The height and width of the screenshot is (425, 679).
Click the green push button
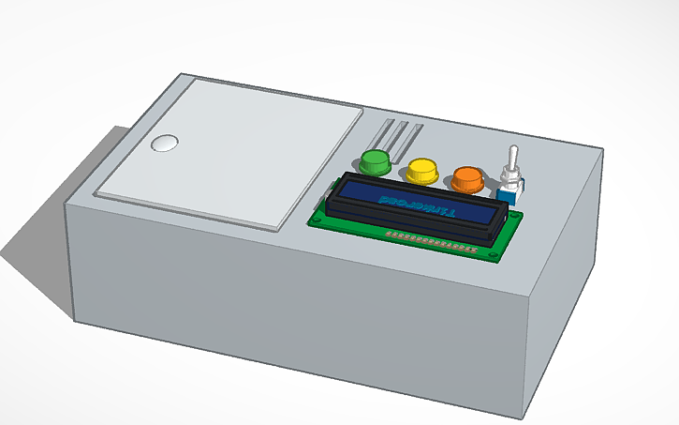pos(375,160)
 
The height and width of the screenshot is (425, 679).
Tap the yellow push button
pos(422,170)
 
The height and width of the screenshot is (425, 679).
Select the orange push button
pos(467,176)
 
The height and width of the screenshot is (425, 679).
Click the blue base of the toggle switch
pos(511,195)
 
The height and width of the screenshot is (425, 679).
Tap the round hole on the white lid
pos(165,144)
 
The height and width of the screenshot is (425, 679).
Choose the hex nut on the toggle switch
pos(512,176)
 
